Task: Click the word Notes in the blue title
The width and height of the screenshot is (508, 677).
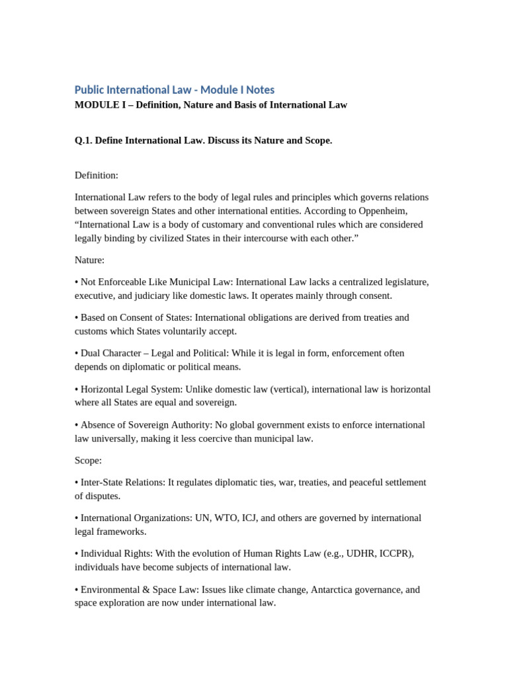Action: (x=259, y=90)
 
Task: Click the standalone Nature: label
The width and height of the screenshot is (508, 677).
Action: (x=89, y=260)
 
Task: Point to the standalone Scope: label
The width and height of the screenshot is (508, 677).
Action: (x=88, y=460)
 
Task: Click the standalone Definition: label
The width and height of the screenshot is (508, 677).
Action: (x=97, y=175)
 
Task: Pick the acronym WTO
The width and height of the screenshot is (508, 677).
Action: (x=236, y=518)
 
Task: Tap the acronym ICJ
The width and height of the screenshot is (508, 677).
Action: (x=264, y=518)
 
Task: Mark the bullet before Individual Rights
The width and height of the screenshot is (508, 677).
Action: (x=77, y=553)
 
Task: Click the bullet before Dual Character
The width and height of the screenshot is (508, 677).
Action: (x=77, y=353)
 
